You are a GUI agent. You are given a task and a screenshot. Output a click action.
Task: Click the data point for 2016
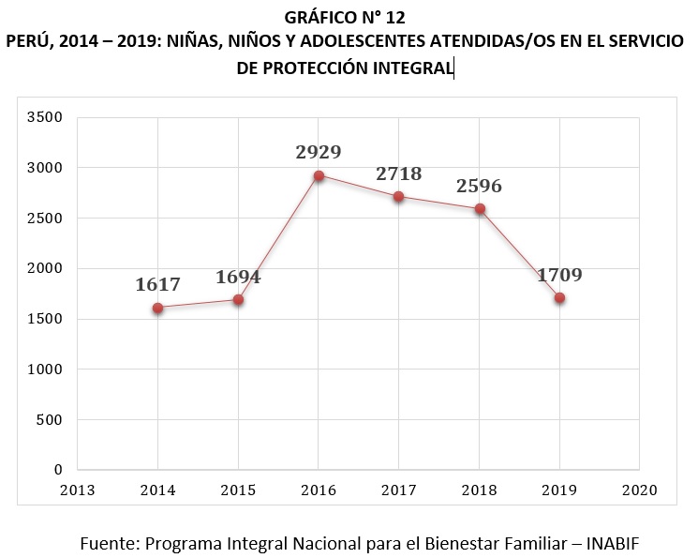pos(319,175)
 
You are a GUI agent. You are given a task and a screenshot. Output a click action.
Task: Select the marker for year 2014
pos(157,308)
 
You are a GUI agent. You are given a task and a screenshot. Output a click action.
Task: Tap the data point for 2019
pos(559,298)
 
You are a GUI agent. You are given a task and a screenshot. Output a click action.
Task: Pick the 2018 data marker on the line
pos(479,209)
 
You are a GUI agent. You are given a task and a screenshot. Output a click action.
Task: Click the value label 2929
pos(319,152)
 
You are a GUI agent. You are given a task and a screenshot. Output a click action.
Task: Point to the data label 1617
pos(157,285)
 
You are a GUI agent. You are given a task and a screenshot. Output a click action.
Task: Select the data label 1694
pos(238,277)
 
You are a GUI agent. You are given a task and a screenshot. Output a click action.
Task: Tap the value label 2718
pos(399,173)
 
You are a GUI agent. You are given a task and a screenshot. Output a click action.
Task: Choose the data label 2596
pos(479,186)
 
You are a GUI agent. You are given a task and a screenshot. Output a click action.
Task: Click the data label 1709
pos(559,276)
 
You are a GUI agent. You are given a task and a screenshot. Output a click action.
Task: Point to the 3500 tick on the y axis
pos(45,117)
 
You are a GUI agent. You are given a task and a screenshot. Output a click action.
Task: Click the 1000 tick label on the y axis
pos(45,369)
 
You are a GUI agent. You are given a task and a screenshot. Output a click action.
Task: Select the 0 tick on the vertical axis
pos(57,470)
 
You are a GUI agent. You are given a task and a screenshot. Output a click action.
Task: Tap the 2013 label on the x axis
pos(78,490)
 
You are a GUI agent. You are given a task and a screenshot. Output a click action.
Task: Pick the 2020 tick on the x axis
pos(640,490)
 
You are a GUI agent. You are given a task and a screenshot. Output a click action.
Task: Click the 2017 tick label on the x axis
pos(399,490)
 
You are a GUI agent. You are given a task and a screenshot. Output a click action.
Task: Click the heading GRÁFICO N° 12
pos(349,16)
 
